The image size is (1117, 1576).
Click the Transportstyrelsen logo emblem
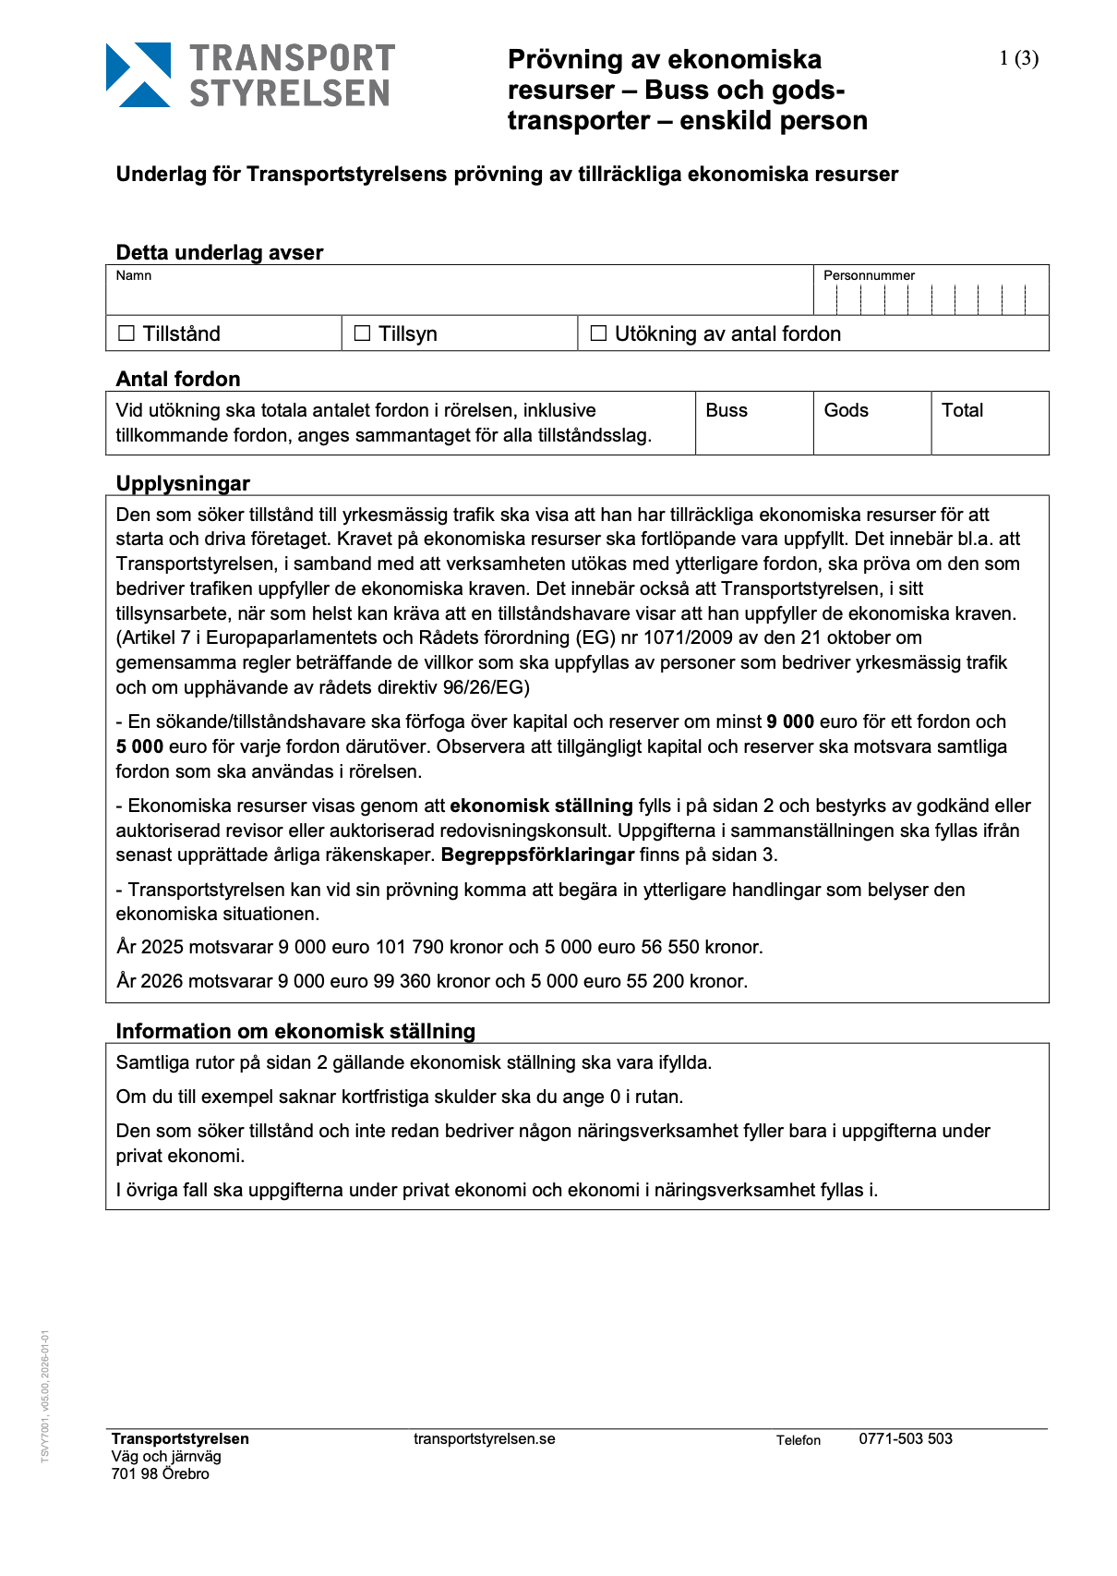[x=138, y=75]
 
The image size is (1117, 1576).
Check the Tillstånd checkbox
[x=126, y=333]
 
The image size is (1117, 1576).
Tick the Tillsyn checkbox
[x=363, y=333]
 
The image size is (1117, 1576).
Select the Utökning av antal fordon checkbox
[x=598, y=333]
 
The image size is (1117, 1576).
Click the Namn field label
[x=134, y=275]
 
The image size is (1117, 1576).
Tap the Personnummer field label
[x=869, y=275]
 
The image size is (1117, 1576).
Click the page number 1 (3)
[x=1018, y=59]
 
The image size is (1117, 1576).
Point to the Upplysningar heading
[x=183, y=483]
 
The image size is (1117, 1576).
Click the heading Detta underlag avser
[x=220, y=252]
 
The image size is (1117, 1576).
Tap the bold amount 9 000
[x=790, y=721]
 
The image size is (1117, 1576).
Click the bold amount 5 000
[x=139, y=746]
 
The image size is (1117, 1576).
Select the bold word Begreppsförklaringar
[x=537, y=855]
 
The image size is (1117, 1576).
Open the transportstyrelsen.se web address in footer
[x=485, y=1438]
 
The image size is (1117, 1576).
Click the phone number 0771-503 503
[x=906, y=1438]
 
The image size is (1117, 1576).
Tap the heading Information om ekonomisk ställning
[x=295, y=1031]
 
